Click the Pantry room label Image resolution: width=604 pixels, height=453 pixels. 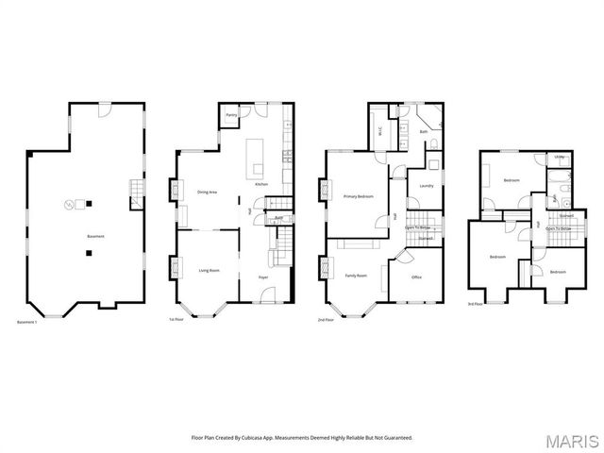pos(230,116)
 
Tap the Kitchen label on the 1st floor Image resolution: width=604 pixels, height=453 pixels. pos(261,184)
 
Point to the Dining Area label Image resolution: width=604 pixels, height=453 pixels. pos(208,192)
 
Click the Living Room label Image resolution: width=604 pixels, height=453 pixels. pos(209,270)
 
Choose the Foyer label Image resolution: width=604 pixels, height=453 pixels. pos(263,277)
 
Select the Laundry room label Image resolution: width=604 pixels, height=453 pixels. pos(426,185)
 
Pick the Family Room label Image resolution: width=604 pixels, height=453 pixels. pos(356,275)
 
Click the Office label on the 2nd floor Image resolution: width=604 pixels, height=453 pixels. pos(416,277)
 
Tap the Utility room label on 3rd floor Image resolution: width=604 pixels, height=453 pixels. pos(560,157)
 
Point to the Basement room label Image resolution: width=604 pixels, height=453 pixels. pos(94,235)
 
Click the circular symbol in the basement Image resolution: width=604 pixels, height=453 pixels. pos(68,204)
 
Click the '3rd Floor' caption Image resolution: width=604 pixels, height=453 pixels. pos(476,304)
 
